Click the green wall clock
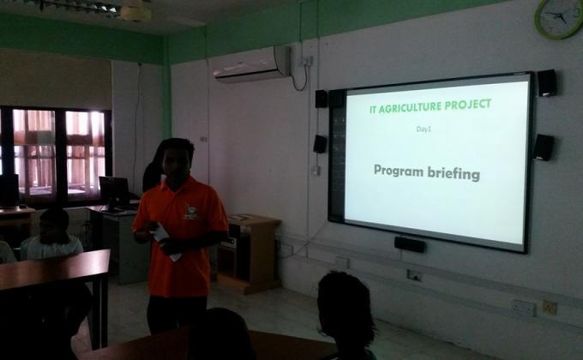[558, 16]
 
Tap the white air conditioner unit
[252, 64]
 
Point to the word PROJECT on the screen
[471, 105]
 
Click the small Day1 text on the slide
[424, 129]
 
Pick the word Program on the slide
[403, 171]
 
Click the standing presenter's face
[177, 160]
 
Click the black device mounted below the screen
[411, 244]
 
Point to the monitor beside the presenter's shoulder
[114, 192]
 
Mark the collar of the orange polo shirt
[182, 183]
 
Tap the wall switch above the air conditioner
[306, 61]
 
